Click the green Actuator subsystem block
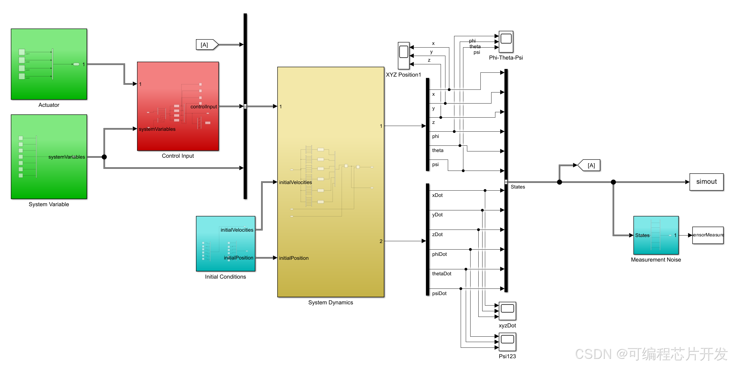tap(49, 64)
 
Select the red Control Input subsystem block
tap(178, 106)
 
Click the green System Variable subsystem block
tap(49, 157)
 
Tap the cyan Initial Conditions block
tap(225, 244)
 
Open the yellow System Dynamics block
tap(331, 182)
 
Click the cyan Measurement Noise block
tap(656, 235)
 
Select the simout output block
tap(706, 182)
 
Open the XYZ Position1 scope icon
tap(404, 56)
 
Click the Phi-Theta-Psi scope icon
tap(506, 42)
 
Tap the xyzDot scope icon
tap(507, 311)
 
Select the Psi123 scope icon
tap(507, 342)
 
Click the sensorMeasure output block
tap(708, 235)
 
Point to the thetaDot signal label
tap(442, 274)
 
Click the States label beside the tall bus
tap(518, 187)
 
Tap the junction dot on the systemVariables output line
tap(104, 157)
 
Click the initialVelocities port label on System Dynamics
tap(295, 182)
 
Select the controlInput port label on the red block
tap(203, 107)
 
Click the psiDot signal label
tap(439, 293)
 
